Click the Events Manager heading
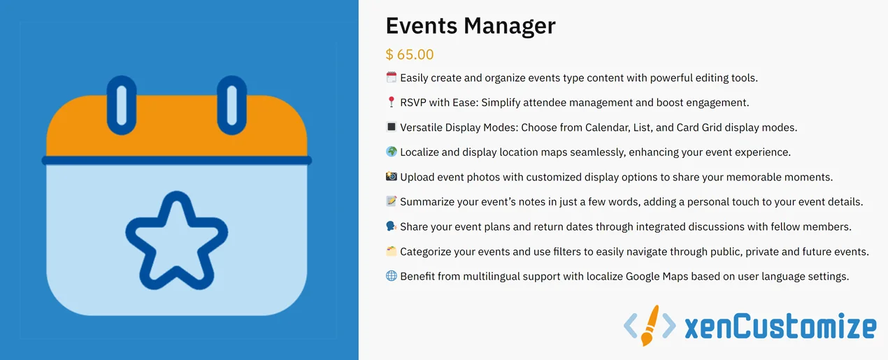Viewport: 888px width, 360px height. coord(471,26)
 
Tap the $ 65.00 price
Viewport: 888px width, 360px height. coord(410,55)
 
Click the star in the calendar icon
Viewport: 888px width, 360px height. coord(177,242)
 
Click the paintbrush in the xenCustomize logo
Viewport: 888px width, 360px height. coord(650,326)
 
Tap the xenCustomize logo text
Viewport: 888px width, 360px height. coord(780,327)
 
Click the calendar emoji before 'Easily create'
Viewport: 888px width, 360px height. coord(392,78)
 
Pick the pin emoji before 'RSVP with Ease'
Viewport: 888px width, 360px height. coord(392,103)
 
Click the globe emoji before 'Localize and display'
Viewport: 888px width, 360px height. coord(392,152)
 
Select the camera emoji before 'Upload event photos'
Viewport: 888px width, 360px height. coord(392,177)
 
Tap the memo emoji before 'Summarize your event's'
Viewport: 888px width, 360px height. coord(392,202)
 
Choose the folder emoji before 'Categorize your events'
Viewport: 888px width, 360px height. coord(392,252)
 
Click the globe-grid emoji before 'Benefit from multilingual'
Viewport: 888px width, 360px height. coord(392,276)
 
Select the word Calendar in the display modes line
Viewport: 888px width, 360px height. coord(601,127)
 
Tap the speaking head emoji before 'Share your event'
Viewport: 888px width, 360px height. coord(392,226)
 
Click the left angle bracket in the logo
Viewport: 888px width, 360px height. coord(630,326)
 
